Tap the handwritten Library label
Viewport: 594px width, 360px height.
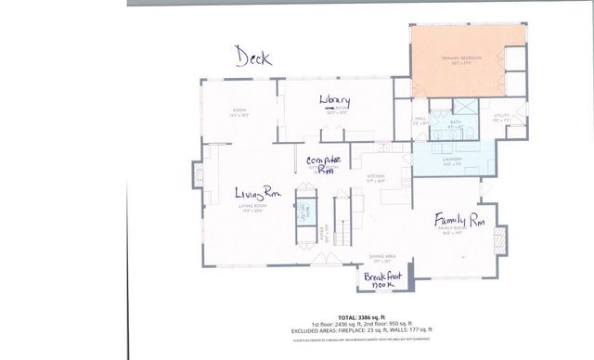(x=333, y=100)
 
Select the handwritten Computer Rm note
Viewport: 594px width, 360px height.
(x=325, y=164)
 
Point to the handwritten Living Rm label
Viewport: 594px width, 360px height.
(x=257, y=194)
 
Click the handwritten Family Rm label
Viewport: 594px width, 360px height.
(x=461, y=219)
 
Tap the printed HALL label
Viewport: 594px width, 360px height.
(x=419, y=119)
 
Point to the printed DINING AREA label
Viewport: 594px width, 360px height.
(x=383, y=257)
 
